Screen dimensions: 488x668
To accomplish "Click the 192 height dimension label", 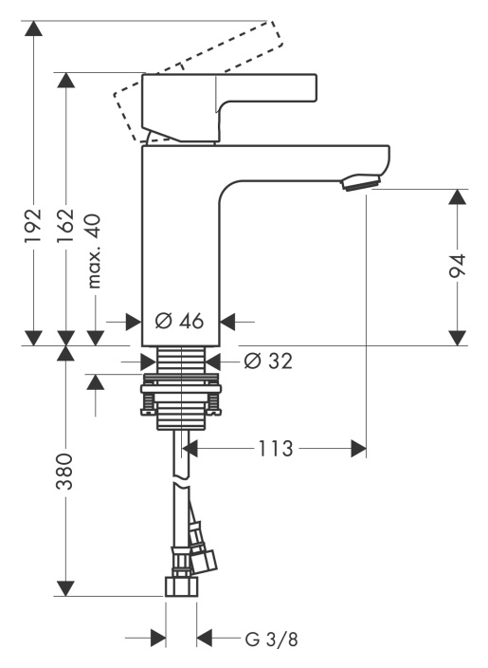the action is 33,226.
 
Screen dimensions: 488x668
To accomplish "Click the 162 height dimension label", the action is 66,226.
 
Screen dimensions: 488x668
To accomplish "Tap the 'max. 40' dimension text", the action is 94,251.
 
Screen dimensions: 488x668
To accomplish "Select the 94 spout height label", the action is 458,267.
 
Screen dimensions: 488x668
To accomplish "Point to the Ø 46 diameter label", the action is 179,321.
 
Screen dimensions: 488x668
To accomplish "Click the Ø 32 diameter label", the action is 269,362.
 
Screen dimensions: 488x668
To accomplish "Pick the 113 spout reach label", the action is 276,448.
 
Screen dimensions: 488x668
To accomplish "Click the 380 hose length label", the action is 65,472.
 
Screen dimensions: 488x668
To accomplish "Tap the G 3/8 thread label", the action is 271,639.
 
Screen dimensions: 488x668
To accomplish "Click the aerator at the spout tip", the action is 361,182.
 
